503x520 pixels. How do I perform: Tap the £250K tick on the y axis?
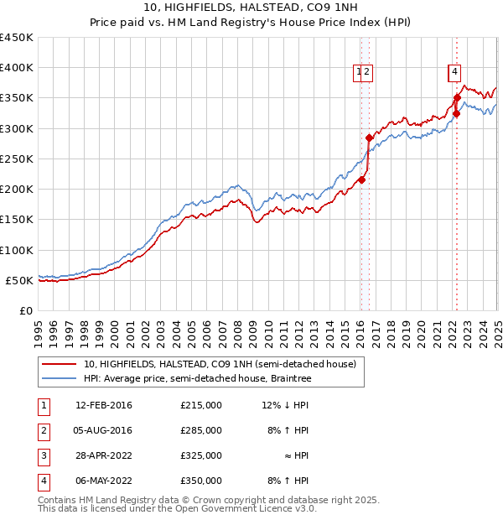[x=17, y=159]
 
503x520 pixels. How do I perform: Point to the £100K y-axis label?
[x=17, y=250]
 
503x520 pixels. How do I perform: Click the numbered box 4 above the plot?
[x=454, y=72]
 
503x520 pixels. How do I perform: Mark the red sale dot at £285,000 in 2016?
[x=369, y=138]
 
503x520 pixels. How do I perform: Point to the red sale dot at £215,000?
[x=361, y=179]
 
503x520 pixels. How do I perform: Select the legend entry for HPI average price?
[x=197, y=379]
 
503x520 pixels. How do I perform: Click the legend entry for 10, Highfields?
[x=220, y=364]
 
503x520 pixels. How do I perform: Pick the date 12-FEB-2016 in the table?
[x=104, y=405]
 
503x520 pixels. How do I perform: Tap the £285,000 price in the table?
[x=201, y=430]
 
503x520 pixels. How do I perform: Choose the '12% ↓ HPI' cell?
[x=285, y=405]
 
